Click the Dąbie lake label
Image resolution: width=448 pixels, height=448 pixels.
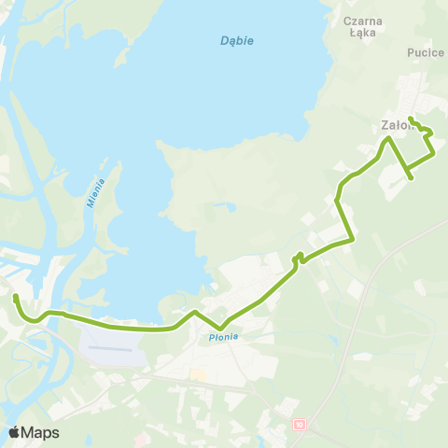point(237,41)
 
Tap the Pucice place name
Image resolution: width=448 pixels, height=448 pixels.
point(425,53)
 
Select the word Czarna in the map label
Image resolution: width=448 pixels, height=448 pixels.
point(363,20)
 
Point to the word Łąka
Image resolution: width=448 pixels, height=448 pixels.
point(363,35)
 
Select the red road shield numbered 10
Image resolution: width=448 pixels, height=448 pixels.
point(300,425)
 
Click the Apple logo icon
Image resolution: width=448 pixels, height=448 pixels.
point(15,432)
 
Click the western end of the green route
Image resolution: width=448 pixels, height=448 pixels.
point(15,297)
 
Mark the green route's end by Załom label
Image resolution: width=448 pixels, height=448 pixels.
point(411,119)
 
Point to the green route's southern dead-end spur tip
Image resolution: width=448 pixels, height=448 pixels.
point(412,176)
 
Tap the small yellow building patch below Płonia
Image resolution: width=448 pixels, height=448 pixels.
point(196,374)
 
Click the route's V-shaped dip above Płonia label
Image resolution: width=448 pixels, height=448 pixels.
point(220,328)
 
